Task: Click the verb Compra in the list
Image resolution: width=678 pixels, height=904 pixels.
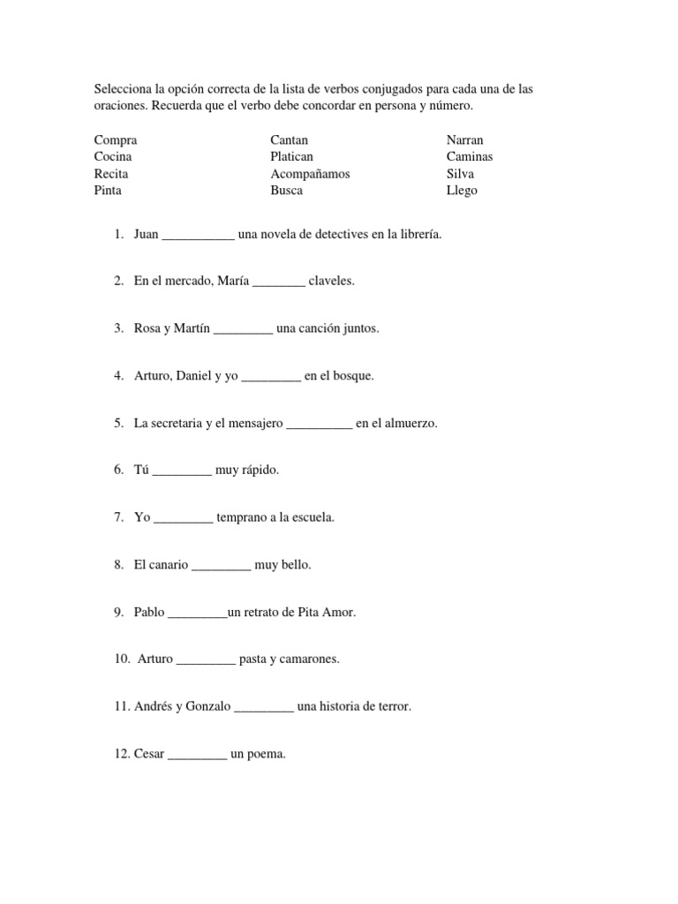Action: tap(115, 139)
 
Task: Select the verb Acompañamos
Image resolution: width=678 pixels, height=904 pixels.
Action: tap(310, 174)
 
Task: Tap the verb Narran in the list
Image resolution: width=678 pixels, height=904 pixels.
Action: tap(464, 139)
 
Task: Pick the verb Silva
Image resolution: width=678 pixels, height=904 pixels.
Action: tap(460, 174)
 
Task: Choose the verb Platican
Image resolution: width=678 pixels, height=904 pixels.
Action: tap(292, 156)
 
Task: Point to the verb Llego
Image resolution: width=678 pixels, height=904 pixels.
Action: tap(462, 191)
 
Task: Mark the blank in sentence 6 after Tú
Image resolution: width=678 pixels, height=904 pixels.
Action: tap(183, 471)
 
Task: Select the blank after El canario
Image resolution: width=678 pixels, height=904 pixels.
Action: tap(221, 566)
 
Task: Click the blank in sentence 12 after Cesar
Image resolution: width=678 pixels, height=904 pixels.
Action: tap(197, 755)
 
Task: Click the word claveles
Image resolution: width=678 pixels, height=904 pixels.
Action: tap(331, 282)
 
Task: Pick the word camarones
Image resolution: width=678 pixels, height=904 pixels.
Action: tap(310, 659)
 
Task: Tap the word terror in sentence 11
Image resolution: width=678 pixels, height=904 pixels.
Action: tap(390, 706)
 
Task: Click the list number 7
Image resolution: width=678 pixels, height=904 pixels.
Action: tap(117, 517)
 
